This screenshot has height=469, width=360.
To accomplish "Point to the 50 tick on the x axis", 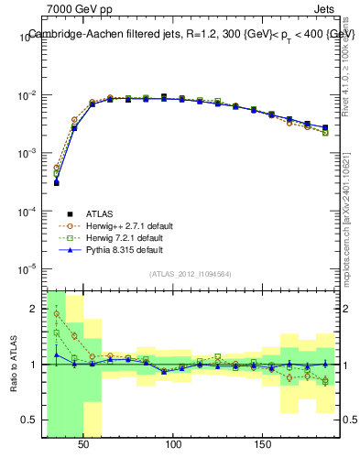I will click(x=84, y=444).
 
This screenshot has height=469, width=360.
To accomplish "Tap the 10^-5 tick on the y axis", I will click(x=28, y=269).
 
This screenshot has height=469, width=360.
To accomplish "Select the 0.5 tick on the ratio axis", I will click(x=31, y=420).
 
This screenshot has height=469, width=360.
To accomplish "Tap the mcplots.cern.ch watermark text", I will click(x=350, y=211).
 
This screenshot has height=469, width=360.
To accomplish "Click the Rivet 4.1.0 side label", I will click(x=350, y=55).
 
